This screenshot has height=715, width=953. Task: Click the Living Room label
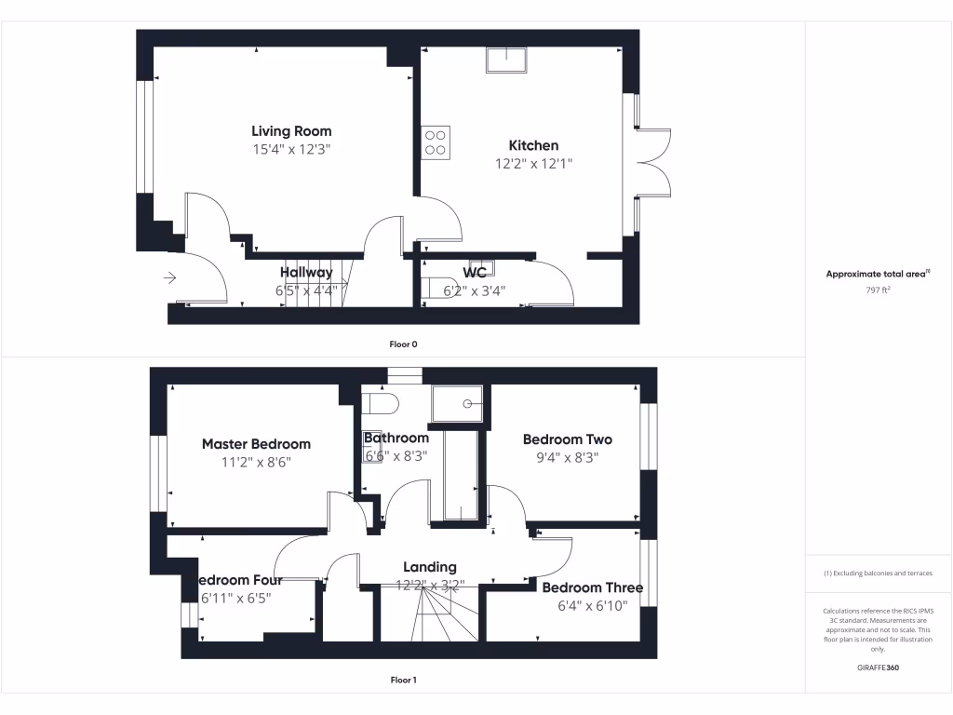tap(291, 131)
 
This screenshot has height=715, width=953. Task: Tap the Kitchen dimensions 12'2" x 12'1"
tap(533, 163)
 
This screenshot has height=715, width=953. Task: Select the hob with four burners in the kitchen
tap(436, 142)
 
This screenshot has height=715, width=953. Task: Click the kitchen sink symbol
tap(505, 59)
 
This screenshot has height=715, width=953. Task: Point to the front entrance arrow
tap(169, 277)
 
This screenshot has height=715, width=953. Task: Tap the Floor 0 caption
tap(403, 344)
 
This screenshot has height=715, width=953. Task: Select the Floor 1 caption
tap(403, 680)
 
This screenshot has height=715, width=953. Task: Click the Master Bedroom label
tap(256, 444)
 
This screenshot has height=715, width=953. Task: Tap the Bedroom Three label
tap(592, 587)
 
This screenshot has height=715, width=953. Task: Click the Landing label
tap(429, 566)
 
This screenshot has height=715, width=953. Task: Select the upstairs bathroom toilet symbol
tap(380, 403)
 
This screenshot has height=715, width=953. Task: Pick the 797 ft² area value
tap(879, 290)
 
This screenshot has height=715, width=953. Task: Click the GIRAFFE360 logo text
tap(879, 668)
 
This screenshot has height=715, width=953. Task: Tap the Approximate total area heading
tap(878, 274)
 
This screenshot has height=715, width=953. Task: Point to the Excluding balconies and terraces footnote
tap(878, 573)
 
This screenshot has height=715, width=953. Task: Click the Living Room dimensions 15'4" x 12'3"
tap(291, 149)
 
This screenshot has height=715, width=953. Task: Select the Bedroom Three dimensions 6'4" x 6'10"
tap(592, 605)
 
